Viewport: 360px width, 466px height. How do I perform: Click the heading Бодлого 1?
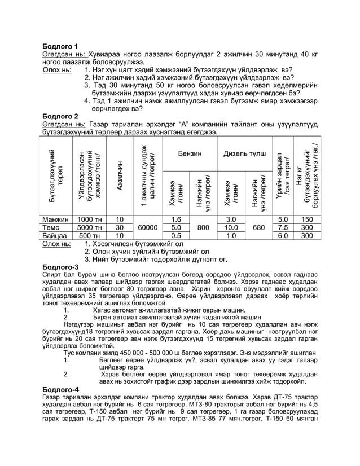61,46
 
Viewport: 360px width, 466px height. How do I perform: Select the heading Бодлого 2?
61,116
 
